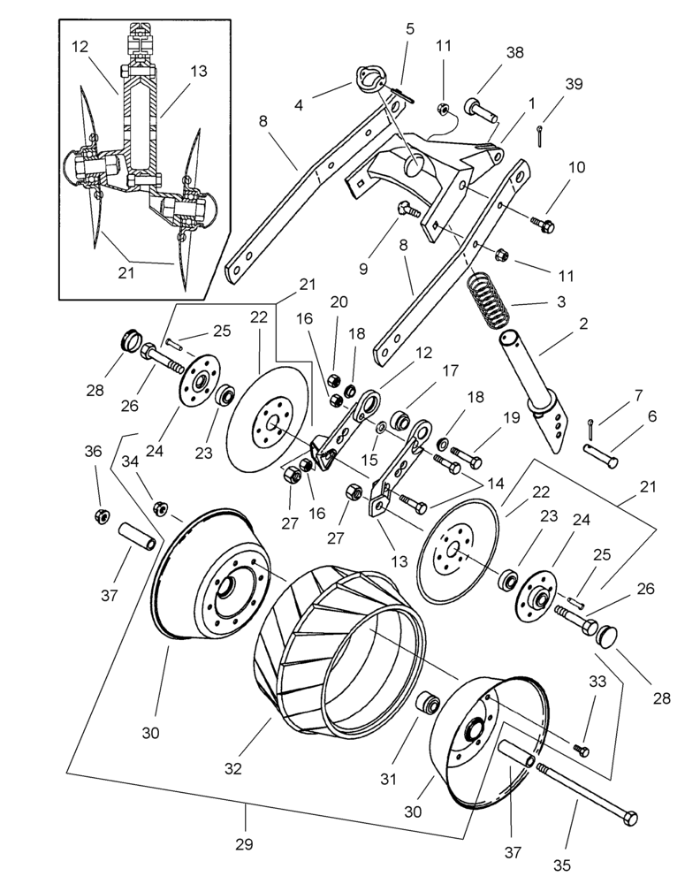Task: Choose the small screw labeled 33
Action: coord(581,750)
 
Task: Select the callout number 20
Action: coord(339,301)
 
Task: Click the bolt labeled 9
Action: coord(407,209)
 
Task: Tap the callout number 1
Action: coord(531,103)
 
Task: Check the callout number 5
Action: coord(409,28)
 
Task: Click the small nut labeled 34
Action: coord(162,507)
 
